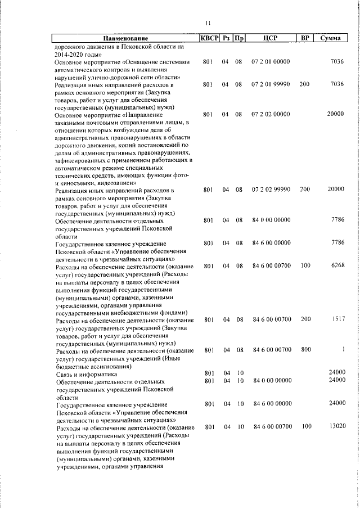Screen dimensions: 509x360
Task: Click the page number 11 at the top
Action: tap(208, 23)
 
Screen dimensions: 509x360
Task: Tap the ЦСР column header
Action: tap(271, 38)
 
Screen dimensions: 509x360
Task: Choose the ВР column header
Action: tap(305, 38)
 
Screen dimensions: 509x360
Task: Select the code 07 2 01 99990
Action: tap(271, 84)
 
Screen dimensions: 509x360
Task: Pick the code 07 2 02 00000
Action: tap(271, 114)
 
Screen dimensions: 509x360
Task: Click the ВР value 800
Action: tap(305, 350)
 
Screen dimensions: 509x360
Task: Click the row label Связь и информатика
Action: tap(86, 373)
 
